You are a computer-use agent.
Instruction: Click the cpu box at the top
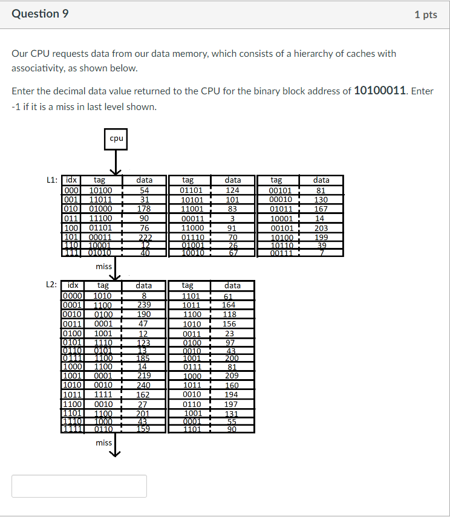(116, 138)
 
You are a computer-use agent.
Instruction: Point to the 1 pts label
(425, 15)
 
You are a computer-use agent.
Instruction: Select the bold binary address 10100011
(380, 91)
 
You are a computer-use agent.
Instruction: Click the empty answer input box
(79, 486)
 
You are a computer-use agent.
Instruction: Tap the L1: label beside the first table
(53, 180)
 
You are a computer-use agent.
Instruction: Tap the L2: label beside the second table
(53, 285)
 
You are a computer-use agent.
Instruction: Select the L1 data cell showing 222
(144, 238)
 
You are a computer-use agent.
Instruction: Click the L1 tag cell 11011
(100, 200)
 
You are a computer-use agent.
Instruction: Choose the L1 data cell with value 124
(232, 190)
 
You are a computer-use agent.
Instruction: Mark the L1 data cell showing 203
(321, 228)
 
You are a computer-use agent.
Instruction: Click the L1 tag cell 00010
(281, 200)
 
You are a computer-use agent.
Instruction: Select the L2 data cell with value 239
(143, 305)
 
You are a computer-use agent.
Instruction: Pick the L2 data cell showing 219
(143, 375)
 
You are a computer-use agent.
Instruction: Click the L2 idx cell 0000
(73, 296)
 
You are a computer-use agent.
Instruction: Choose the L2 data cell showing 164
(229, 305)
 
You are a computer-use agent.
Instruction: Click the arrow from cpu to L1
(116, 161)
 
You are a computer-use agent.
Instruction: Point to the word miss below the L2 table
(103, 443)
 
